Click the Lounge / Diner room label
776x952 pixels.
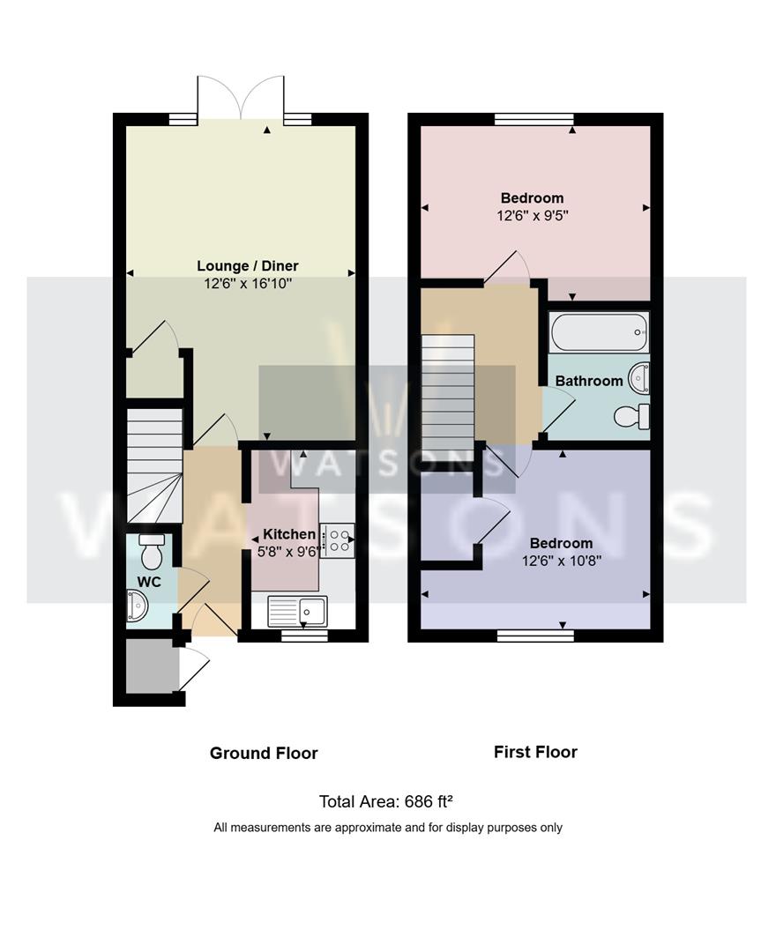(247, 266)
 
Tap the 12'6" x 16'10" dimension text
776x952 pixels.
(248, 283)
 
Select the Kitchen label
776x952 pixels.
(289, 534)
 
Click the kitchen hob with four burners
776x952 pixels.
(337, 540)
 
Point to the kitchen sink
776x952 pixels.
(297, 610)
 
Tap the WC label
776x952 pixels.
(149, 582)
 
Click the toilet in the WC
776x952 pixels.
(149, 549)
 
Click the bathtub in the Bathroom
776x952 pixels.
(599, 332)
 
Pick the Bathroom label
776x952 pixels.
(589, 381)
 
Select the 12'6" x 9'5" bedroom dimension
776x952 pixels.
(533, 216)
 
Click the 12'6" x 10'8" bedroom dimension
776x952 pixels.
(562, 561)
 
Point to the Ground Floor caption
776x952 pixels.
(264, 754)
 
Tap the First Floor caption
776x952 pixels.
(535, 752)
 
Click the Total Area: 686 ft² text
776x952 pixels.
(386, 802)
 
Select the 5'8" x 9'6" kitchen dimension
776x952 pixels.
(289, 552)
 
